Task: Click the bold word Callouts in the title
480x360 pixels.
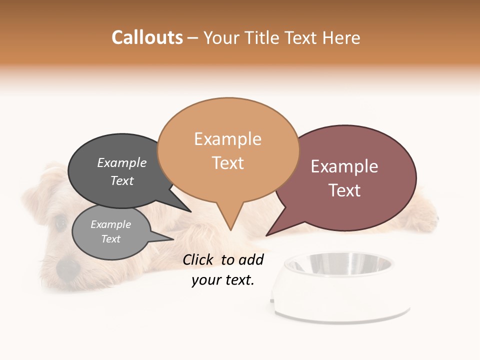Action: pyautogui.click(x=147, y=37)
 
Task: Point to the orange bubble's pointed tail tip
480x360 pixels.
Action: pyautogui.click(x=230, y=230)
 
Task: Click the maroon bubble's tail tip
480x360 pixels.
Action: pyautogui.click(x=266, y=235)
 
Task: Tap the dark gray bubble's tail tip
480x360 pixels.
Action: pyautogui.click(x=190, y=212)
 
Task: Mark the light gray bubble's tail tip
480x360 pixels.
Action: pyautogui.click(x=173, y=239)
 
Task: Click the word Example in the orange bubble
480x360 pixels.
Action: pyautogui.click(x=227, y=139)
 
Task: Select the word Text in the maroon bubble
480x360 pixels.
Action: pyautogui.click(x=344, y=190)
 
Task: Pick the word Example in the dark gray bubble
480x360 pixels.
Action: pyautogui.click(x=121, y=162)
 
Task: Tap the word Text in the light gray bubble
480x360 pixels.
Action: pyautogui.click(x=110, y=239)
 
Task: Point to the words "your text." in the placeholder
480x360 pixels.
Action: pyautogui.click(x=222, y=280)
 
